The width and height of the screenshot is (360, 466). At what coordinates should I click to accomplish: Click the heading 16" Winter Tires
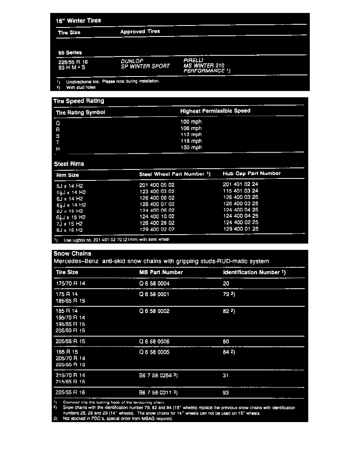click(78, 20)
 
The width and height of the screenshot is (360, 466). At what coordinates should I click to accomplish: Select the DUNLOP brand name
click(132, 61)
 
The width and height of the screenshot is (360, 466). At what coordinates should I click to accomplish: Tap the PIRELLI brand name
click(193, 60)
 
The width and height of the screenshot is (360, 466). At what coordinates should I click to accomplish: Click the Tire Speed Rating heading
click(79, 101)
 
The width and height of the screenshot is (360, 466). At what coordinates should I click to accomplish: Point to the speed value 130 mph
click(191, 147)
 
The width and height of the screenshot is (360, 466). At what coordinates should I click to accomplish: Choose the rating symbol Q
click(58, 122)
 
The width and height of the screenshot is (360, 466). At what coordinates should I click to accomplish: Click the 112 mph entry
click(191, 135)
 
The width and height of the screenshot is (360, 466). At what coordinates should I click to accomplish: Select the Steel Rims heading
click(69, 164)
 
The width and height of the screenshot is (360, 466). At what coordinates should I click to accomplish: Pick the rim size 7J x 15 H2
click(70, 223)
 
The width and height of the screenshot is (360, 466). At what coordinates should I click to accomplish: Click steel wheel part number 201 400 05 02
click(157, 185)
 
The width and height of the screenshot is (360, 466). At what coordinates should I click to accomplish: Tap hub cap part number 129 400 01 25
click(240, 229)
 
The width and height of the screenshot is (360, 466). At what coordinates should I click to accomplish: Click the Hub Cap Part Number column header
click(252, 173)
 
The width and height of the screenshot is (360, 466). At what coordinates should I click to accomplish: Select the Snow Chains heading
click(72, 253)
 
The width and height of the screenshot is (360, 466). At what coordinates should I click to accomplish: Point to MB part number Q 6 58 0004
click(155, 283)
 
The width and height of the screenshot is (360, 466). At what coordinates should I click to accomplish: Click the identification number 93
click(225, 392)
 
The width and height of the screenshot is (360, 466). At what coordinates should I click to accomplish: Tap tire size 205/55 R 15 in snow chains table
click(71, 342)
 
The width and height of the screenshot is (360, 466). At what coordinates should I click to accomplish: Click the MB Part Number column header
click(161, 272)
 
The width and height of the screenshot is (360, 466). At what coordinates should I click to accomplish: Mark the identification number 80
click(225, 342)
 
